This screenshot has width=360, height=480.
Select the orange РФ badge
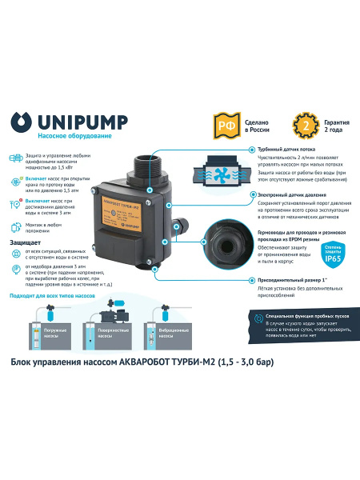click(226, 124)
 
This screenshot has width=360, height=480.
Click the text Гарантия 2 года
click(314, 124)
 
